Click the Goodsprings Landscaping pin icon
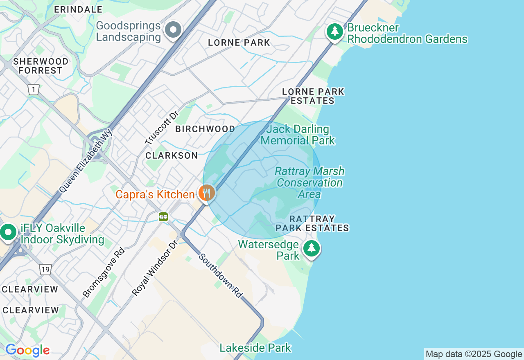173,30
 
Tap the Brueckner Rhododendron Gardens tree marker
335,31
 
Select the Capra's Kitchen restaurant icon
207,193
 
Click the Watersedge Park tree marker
312,248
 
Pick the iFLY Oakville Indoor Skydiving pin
8,232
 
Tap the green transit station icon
163,217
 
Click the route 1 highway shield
34,90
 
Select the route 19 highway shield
45,269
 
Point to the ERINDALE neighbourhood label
78,9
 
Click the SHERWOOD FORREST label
41,66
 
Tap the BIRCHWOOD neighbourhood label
205,129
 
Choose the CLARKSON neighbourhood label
172,155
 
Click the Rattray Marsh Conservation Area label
309,182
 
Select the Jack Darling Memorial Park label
298,135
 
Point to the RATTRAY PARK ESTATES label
312,223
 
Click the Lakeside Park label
255,348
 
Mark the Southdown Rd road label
221,275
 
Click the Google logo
27,351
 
